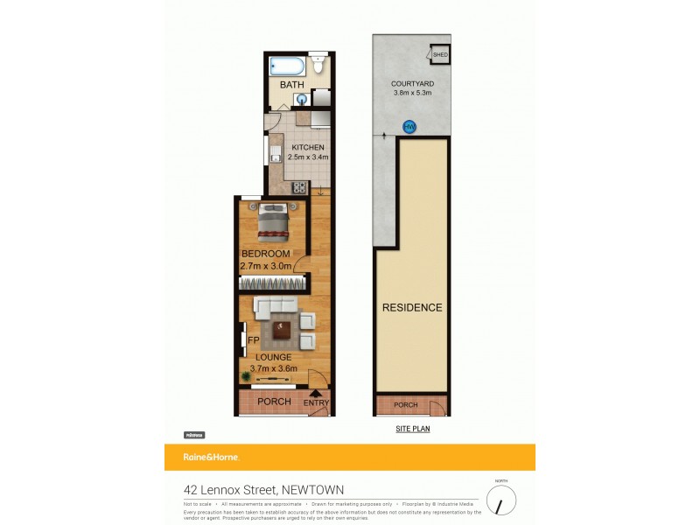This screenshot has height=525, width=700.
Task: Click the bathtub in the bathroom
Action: (286, 66)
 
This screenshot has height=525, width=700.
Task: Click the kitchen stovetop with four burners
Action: (298, 185)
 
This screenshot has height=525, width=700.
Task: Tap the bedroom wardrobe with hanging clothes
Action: (273, 283)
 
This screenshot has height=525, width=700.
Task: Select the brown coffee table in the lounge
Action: (283, 329)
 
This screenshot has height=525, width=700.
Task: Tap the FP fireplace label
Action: (253, 340)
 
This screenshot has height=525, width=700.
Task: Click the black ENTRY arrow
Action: (315, 394)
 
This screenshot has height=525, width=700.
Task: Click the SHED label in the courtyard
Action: (440, 54)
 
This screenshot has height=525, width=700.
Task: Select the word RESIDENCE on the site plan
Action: (411, 307)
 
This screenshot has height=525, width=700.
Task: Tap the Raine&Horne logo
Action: (211, 458)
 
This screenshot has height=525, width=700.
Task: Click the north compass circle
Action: (501, 500)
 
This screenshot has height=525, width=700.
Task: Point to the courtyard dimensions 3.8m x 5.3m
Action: (411, 92)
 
